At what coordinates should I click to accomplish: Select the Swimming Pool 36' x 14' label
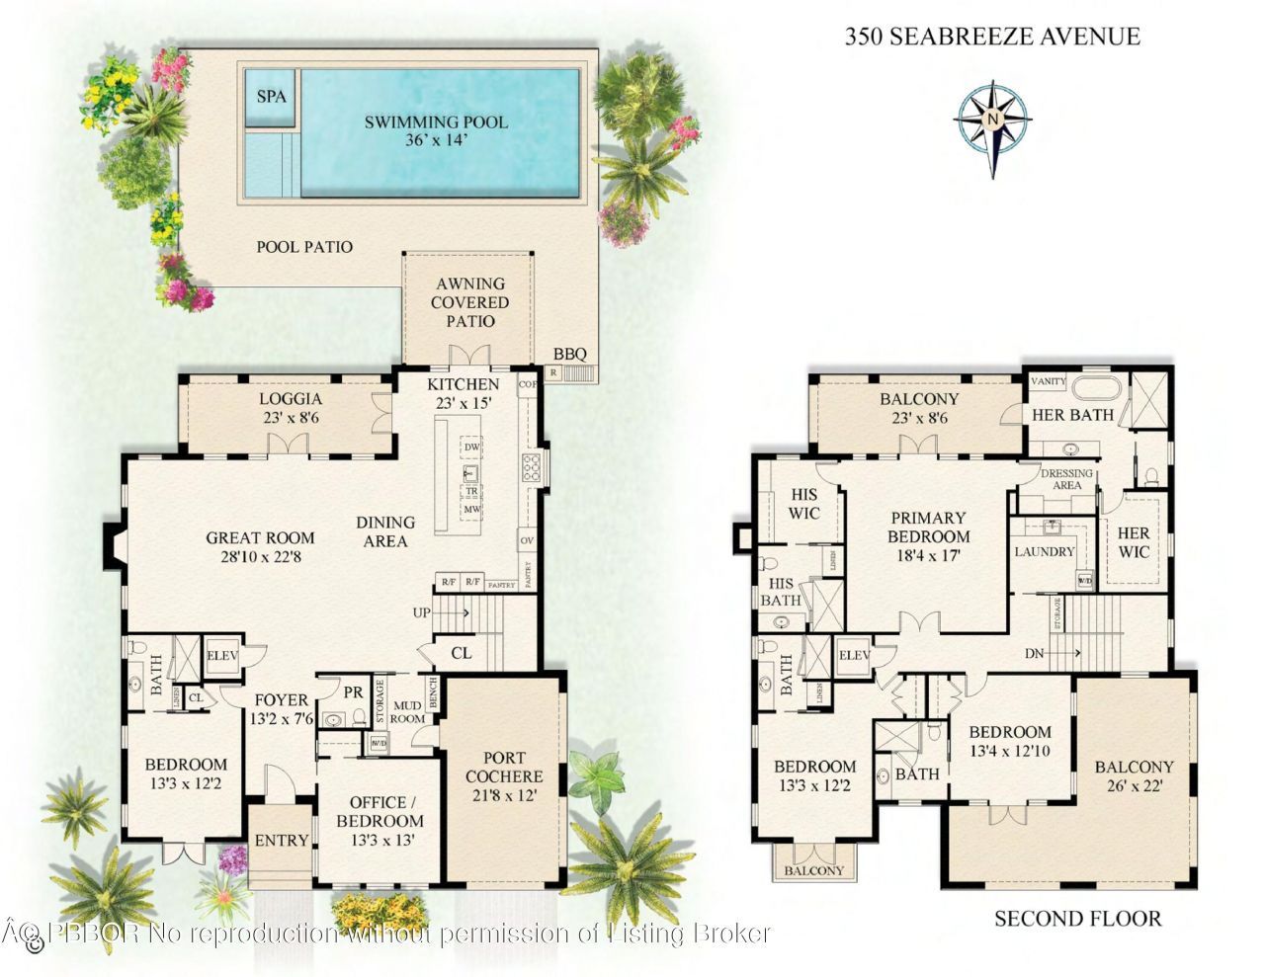tap(436, 130)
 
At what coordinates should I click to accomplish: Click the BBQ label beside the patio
tap(569, 354)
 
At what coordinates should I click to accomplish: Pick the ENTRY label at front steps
tap(282, 841)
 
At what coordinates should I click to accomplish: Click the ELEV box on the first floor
tap(219, 655)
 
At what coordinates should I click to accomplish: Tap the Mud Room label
tap(407, 711)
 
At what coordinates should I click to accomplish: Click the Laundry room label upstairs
tap(1044, 551)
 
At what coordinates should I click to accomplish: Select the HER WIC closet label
tap(1134, 542)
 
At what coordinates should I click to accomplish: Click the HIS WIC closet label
tap(805, 503)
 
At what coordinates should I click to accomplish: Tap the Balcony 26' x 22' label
tap(1134, 776)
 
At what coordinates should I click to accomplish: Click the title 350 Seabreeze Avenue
tap(992, 38)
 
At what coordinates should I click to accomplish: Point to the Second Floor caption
tap(1077, 919)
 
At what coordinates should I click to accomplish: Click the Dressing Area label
tap(1067, 479)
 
